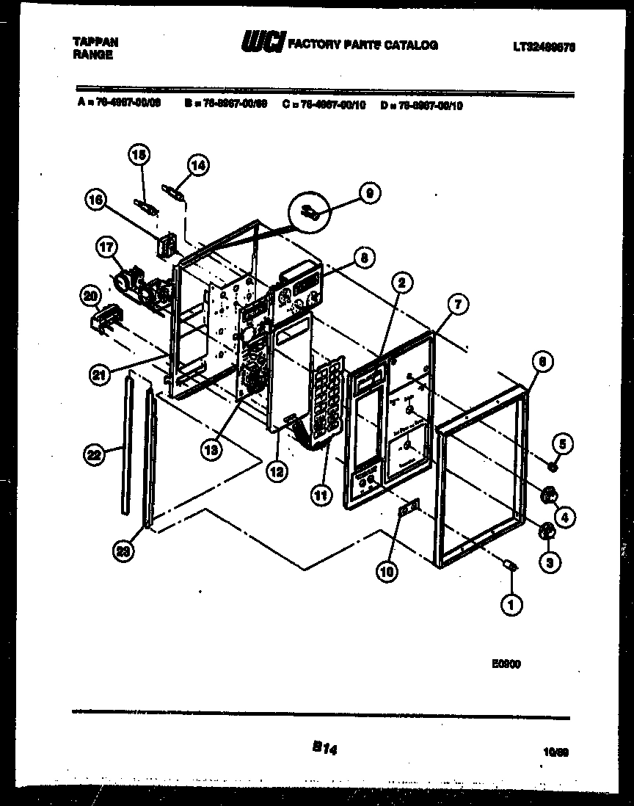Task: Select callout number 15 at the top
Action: [x=139, y=155]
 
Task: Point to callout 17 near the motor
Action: [x=105, y=250]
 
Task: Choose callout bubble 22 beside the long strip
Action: [x=92, y=455]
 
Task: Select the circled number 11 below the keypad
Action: [x=319, y=496]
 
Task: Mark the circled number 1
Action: [x=511, y=606]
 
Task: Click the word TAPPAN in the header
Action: [x=95, y=42]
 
